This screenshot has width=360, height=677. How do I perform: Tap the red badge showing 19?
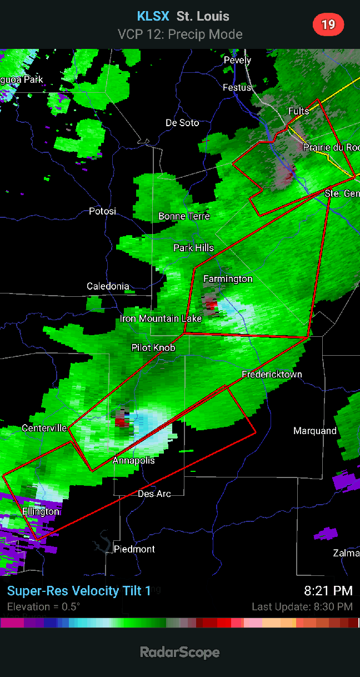tap(328, 24)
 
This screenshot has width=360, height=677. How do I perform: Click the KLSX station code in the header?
tap(153, 16)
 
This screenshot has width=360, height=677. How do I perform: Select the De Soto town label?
tap(182, 122)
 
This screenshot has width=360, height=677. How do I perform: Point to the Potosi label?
tap(103, 211)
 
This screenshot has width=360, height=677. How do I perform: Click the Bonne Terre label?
tap(184, 216)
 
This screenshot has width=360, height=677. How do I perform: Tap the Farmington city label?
tap(228, 278)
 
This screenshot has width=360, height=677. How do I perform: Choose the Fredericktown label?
tap(272, 374)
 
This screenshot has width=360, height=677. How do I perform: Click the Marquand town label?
tap(315, 431)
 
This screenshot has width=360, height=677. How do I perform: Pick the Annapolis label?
tap(133, 460)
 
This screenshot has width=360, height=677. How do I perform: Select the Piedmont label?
tap(134, 549)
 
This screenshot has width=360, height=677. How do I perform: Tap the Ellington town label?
tap(41, 511)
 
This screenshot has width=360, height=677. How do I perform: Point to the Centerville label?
tap(44, 428)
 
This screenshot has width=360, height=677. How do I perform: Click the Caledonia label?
tap(108, 286)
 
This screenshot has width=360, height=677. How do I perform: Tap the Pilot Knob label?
tap(153, 347)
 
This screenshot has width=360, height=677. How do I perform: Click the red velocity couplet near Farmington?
tap(211, 305)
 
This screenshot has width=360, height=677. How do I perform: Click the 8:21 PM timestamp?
tap(328, 591)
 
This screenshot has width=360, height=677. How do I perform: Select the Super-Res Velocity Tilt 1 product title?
tap(79, 591)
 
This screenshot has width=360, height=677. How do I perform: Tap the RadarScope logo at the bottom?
tap(179, 652)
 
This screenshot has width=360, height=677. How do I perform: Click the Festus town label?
tap(237, 87)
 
